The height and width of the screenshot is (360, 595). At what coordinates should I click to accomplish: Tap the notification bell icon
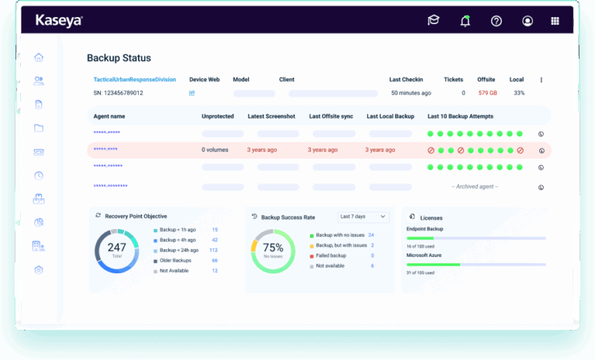tap(465, 21)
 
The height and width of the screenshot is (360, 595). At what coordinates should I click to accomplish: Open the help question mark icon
tap(497, 21)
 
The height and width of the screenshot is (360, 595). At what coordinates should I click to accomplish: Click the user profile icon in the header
tap(528, 21)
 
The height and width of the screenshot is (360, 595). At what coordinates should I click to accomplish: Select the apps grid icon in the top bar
tap(555, 21)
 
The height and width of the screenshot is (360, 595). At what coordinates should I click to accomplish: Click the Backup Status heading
tap(119, 58)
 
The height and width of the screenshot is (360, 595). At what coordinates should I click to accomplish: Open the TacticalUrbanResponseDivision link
tap(134, 79)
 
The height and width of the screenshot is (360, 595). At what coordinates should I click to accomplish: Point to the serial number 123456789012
tap(118, 93)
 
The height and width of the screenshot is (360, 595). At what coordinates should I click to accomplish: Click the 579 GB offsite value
tap(487, 93)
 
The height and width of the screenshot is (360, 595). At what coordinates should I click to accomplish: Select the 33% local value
tap(518, 93)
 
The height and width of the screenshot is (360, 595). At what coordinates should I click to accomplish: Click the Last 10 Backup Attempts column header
tap(460, 116)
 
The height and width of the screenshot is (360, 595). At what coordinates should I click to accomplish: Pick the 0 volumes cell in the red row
tap(215, 149)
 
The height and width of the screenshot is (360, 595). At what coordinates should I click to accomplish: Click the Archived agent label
tap(475, 187)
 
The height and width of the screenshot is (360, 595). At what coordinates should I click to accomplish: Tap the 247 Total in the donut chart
tap(116, 250)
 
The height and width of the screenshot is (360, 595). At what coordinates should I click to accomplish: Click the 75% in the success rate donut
tap(273, 249)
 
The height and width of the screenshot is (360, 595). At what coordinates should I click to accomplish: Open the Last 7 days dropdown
tap(363, 217)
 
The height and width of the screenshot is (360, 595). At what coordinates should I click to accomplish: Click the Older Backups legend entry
tap(175, 261)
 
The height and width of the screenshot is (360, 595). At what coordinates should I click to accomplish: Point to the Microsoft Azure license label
tap(425, 254)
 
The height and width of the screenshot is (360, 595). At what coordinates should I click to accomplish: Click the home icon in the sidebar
tap(39, 57)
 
